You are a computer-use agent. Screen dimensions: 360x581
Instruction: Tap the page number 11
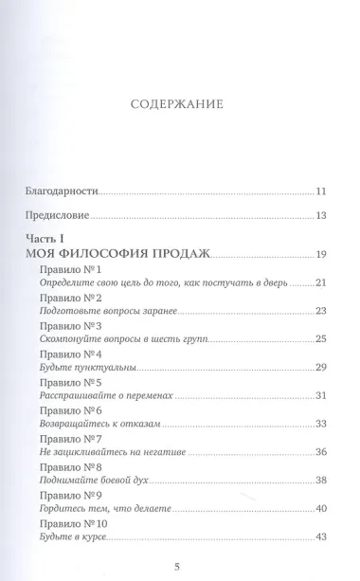[294, 191]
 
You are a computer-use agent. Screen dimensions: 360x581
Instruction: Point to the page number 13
[294, 217]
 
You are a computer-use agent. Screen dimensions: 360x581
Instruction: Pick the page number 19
[294, 255]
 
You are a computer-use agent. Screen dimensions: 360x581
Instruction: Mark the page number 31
[294, 394]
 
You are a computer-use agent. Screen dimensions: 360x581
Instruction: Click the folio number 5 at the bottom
[179, 561]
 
